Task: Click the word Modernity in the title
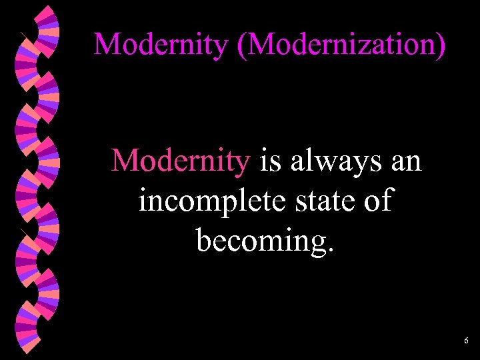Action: (x=159, y=44)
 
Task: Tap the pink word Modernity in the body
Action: (x=181, y=161)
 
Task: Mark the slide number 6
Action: (x=466, y=341)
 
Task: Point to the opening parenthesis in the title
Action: (x=237, y=44)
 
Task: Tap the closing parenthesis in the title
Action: (x=441, y=44)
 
